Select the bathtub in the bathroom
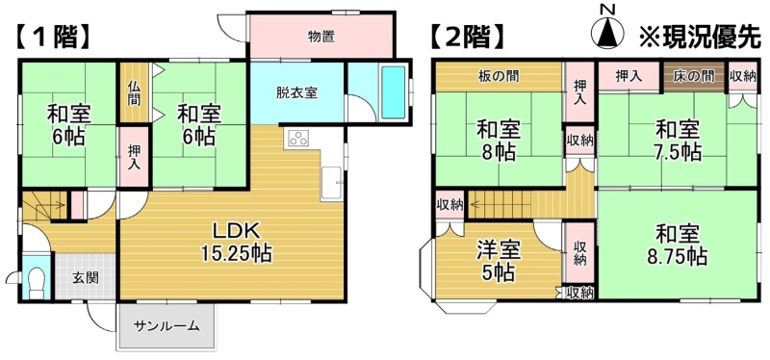click(x=394, y=92)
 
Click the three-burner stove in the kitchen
click(x=298, y=139)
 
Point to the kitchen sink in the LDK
click(x=332, y=184)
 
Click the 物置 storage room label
click(x=321, y=37)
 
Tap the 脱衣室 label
click(x=296, y=92)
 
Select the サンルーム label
click(x=167, y=325)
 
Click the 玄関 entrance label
click(x=86, y=277)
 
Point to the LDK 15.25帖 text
click(x=236, y=243)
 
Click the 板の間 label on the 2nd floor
click(x=499, y=76)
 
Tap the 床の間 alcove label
click(x=693, y=76)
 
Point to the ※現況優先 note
click(x=700, y=37)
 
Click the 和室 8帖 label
click(x=499, y=141)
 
